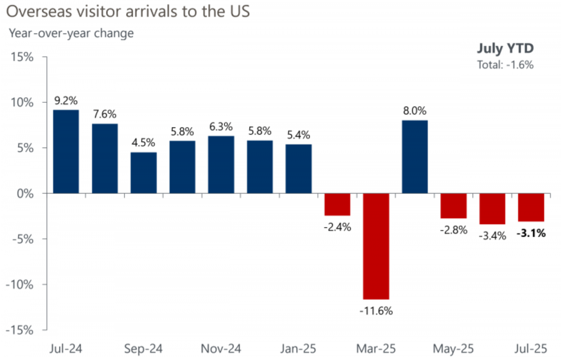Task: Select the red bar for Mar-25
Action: point(376,246)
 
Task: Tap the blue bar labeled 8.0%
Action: point(415,156)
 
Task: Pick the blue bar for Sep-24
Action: point(143,172)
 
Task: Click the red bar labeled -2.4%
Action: point(337,204)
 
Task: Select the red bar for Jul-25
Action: point(531,207)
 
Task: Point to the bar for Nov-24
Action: point(221,164)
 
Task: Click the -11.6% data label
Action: point(376,311)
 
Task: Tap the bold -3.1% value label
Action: point(531,233)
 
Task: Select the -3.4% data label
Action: point(492,236)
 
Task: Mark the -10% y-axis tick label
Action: point(19,284)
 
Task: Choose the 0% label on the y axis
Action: point(24,193)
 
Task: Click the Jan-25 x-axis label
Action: point(298,348)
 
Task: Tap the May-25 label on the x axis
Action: point(454,348)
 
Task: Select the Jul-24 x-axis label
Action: point(66,348)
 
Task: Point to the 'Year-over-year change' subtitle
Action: point(71,34)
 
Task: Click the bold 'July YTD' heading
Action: point(505,49)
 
